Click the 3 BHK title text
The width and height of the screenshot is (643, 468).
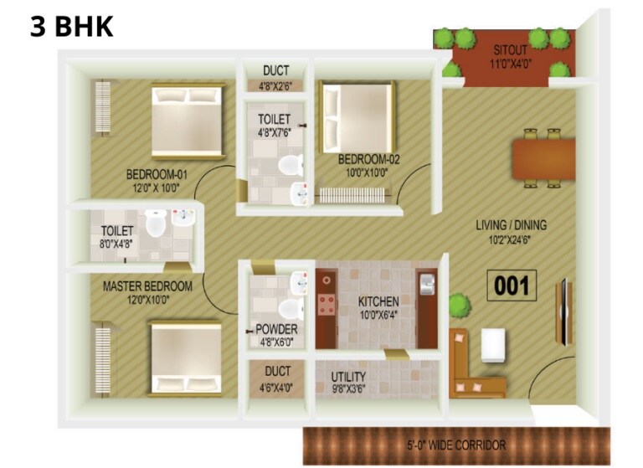[x=71, y=25]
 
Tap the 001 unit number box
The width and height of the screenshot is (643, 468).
[x=512, y=286]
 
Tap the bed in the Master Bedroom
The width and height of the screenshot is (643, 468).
[x=186, y=359]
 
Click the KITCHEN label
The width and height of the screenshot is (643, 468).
[x=378, y=301]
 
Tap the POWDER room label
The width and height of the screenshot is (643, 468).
[x=276, y=330]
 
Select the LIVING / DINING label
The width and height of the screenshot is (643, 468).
[x=511, y=224]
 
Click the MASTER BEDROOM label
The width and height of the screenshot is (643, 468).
[x=147, y=286]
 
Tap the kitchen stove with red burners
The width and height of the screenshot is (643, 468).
[x=325, y=305]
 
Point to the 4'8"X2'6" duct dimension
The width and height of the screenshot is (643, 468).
[x=276, y=85]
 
